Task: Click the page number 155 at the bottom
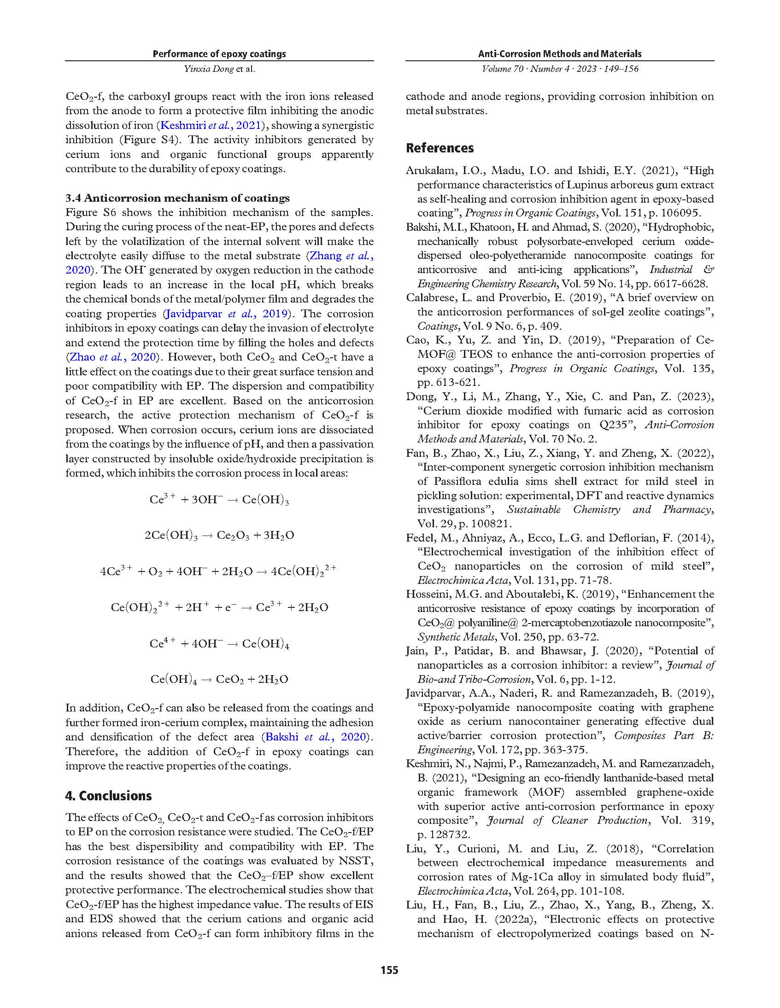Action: click(389, 970)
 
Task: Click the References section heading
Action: click(440, 148)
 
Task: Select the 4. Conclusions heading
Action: click(109, 796)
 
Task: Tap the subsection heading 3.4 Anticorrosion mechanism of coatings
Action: click(177, 198)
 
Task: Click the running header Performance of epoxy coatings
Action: click(219, 54)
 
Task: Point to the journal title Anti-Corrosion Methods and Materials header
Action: click(560, 54)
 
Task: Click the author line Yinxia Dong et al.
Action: click(219, 69)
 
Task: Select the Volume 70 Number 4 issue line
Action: click(560, 69)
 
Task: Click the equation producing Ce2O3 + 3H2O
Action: click(219, 536)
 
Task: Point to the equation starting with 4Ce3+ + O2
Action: click(218, 571)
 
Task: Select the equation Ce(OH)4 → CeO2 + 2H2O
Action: click(219, 679)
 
